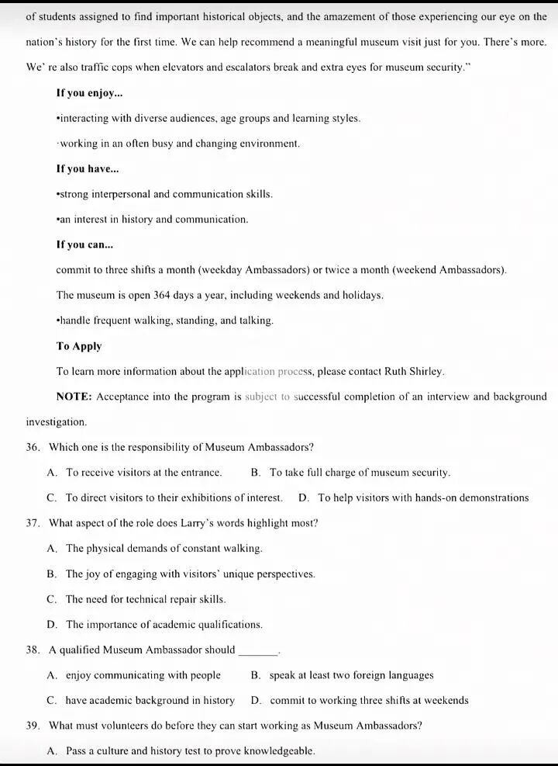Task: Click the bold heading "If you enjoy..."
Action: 89,93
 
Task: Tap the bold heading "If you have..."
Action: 88,168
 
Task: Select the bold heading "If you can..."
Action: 84,244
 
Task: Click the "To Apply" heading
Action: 79,346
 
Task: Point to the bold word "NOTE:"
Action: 74,397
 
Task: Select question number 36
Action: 33,447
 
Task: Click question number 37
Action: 33,523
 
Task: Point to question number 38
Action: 33,650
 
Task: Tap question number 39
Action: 33,726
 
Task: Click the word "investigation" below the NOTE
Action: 56,422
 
